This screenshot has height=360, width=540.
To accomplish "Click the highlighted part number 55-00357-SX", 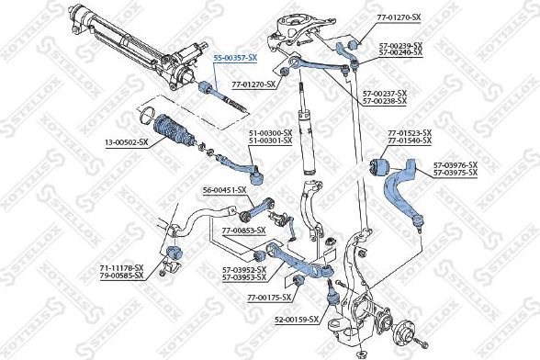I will (235, 57).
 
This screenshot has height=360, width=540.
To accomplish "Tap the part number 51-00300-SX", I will (270, 132).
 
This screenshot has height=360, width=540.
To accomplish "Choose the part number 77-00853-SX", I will (243, 230).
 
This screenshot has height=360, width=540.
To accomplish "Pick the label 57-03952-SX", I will (243, 269).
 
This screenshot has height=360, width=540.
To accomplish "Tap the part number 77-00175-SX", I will (268, 298).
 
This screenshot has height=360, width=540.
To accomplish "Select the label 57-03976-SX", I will (456, 165).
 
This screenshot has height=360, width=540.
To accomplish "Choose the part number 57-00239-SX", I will (399, 45).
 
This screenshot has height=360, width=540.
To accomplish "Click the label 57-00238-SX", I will (385, 99).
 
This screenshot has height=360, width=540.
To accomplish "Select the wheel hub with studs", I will (405, 332).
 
